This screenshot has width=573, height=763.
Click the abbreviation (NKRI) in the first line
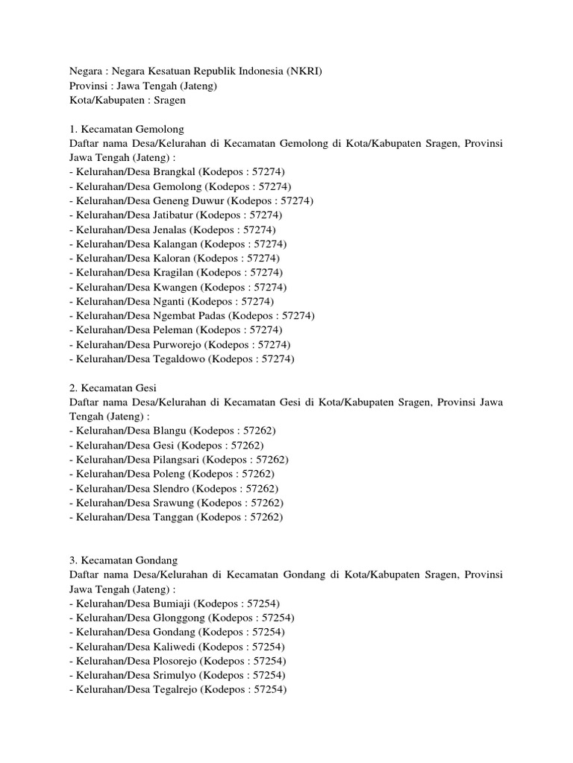point(303,72)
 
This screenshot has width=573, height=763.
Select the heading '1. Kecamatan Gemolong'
point(127,129)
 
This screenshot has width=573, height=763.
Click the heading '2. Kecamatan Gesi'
point(113,388)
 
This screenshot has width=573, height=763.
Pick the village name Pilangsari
point(177,460)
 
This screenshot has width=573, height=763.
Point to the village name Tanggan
point(173,517)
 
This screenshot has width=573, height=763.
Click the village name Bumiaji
point(171,604)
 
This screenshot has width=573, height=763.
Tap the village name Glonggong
point(179,618)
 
